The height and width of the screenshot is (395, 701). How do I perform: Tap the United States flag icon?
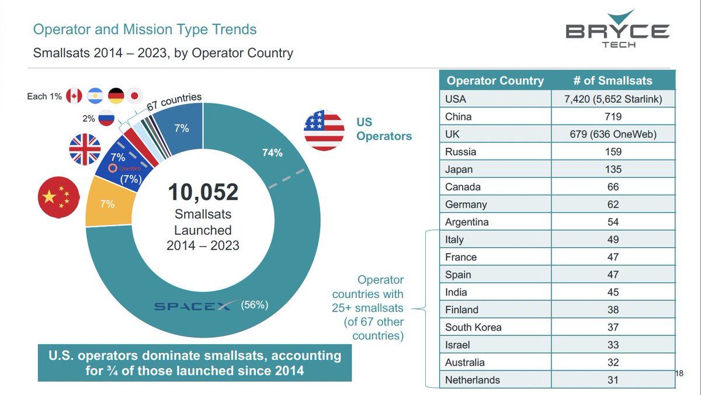tap(324, 130)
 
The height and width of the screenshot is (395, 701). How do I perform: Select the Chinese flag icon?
tap(59, 198)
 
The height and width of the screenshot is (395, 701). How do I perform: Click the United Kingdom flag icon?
tap(85, 150)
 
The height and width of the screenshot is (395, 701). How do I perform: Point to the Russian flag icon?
tap(106, 119)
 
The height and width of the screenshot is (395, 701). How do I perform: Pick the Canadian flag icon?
tap(75, 96)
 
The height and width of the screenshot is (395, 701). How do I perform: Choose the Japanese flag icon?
tap(134, 96)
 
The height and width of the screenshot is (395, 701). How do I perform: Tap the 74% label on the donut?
tap(272, 153)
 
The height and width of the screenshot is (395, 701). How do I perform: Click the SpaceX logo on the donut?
tap(193, 306)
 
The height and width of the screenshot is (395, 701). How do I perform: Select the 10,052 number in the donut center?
tap(203, 192)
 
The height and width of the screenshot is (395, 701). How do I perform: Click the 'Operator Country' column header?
tap(495, 81)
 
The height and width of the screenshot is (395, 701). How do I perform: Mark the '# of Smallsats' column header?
tap(613, 81)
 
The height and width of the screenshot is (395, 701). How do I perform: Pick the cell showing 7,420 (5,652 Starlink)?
tap(613, 99)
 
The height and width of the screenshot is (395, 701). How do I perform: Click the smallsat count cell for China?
tap(613, 116)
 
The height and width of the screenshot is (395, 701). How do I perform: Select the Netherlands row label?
tap(472, 380)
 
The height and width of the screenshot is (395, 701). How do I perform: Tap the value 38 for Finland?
tap(613, 310)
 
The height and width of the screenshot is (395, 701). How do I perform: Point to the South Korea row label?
tap(473, 327)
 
